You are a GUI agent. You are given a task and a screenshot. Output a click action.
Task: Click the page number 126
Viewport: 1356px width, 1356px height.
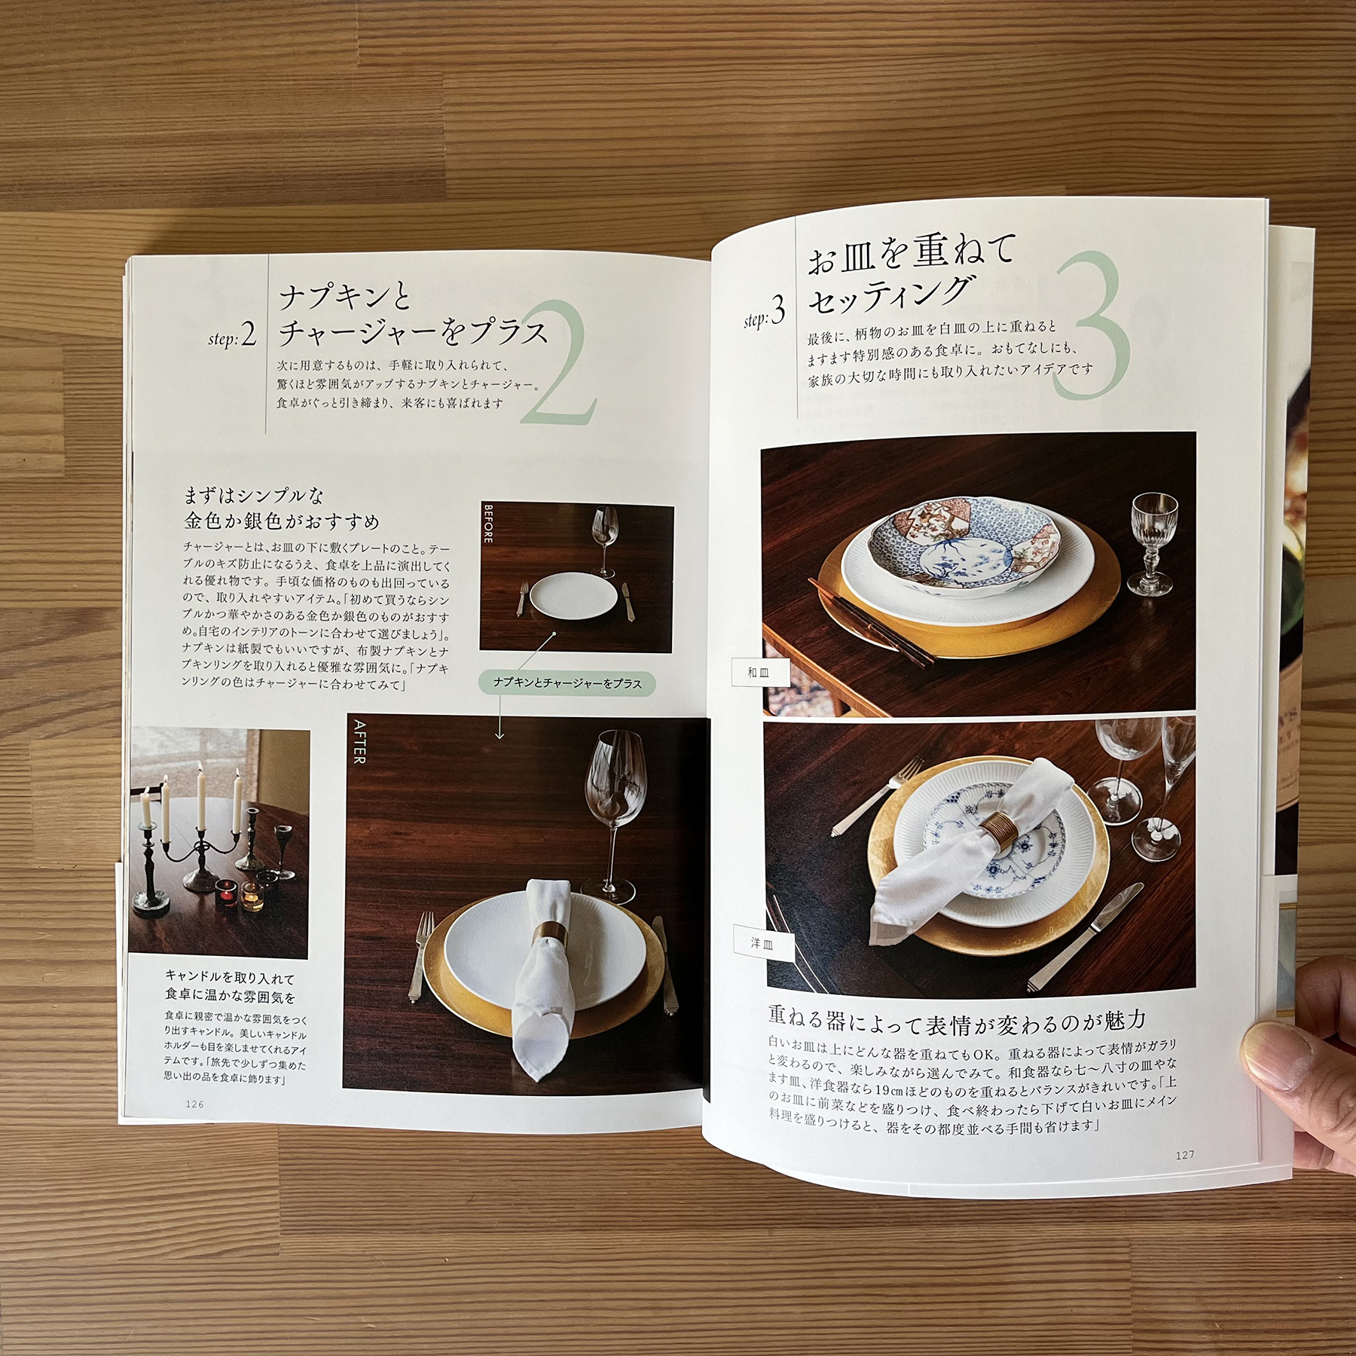coord(194,1104)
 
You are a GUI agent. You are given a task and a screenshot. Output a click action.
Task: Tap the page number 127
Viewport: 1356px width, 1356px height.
coord(1185,1154)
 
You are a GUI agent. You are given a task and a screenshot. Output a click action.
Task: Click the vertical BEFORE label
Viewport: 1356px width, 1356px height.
coord(488,524)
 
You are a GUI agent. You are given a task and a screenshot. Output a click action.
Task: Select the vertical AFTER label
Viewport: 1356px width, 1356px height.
coord(359,741)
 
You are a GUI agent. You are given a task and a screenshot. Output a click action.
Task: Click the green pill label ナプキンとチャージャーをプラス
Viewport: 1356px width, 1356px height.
coord(567,683)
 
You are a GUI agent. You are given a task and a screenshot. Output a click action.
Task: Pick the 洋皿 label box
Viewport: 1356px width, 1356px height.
coord(762,943)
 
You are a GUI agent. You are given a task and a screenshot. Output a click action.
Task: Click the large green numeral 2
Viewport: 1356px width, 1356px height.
coord(557,369)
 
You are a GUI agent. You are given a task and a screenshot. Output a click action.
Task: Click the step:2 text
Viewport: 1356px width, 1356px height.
coord(232,336)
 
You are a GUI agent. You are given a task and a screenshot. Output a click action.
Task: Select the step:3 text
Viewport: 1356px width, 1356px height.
coord(765,312)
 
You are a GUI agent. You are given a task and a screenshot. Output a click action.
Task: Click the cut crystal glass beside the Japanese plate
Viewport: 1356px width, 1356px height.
coord(1152,542)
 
